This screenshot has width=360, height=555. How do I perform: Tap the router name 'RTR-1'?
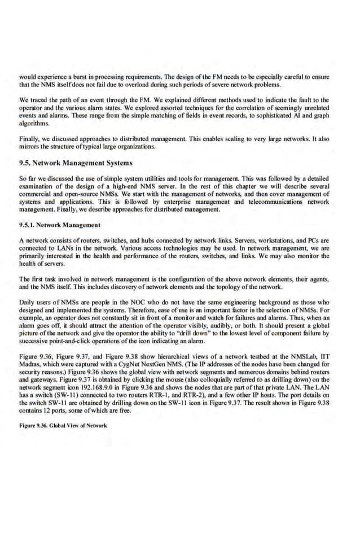pos(154,387)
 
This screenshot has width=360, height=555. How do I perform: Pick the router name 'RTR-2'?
pos(185,387)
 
